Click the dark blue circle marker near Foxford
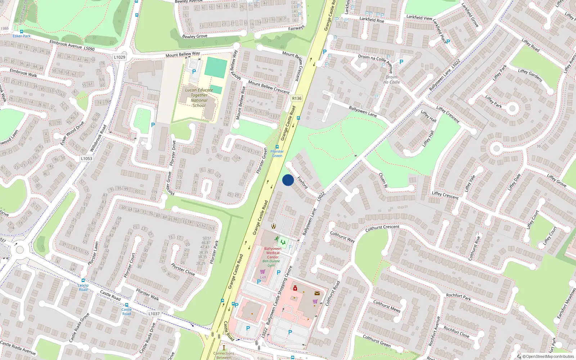pyautogui.click(x=288, y=180)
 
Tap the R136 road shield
pyautogui.click(x=297, y=98)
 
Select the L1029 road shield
pyautogui.click(x=120, y=57)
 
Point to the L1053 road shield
pyautogui.click(x=86, y=158)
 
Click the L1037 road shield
pyautogui.click(x=154, y=314)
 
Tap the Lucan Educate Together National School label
pyautogui.click(x=199, y=98)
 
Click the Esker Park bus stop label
pyautogui.click(x=22, y=36)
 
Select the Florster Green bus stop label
pyautogui.click(x=277, y=153)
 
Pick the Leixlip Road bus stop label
pyautogui.click(x=83, y=287)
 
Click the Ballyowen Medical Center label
pyautogui.click(x=273, y=253)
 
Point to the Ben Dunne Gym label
pyautogui.click(x=271, y=263)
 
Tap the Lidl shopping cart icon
pyautogui.click(x=262, y=272)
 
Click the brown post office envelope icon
pyautogui.click(x=317, y=293)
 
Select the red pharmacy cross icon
pyautogui.click(x=295, y=288)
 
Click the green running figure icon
pyautogui.click(x=276, y=239)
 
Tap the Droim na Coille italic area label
pyautogui.click(x=392, y=80)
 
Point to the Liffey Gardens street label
pyautogui.click(x=530, y=75)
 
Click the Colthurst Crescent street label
pyautogui.click(x=382, y=228)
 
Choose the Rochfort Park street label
pyautogui.click(x=458, y=297)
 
